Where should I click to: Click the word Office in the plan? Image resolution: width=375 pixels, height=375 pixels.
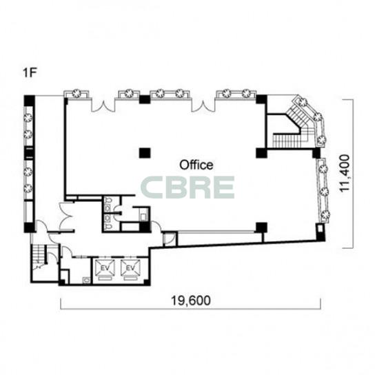click(196, 165)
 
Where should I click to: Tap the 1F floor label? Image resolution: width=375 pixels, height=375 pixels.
click(30, 72)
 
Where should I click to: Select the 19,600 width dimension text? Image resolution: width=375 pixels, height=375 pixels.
click(191, 301)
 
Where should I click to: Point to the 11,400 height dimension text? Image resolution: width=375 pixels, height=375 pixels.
click(345, 173)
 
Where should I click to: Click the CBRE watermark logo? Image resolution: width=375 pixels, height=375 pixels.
click(187, 187)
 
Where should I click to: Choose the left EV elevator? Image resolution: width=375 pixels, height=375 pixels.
click(105, 270)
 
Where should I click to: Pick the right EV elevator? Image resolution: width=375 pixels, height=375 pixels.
click(130, 270)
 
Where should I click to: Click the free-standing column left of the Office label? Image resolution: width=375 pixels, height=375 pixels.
click(145, 153)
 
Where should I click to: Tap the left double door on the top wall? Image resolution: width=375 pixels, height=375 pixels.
click(103, 106)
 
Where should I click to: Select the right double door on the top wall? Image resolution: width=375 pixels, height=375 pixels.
click(203, 106)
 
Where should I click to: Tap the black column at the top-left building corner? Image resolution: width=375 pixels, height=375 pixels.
click(30, 101)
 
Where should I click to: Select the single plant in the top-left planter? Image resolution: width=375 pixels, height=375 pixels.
click(76, 93)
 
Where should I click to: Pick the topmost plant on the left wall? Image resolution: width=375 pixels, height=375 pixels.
click(28, 117)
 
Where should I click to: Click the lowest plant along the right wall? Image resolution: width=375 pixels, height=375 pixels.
click(325, 215)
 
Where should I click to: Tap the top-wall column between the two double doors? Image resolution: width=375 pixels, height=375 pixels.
click(145, 99)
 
